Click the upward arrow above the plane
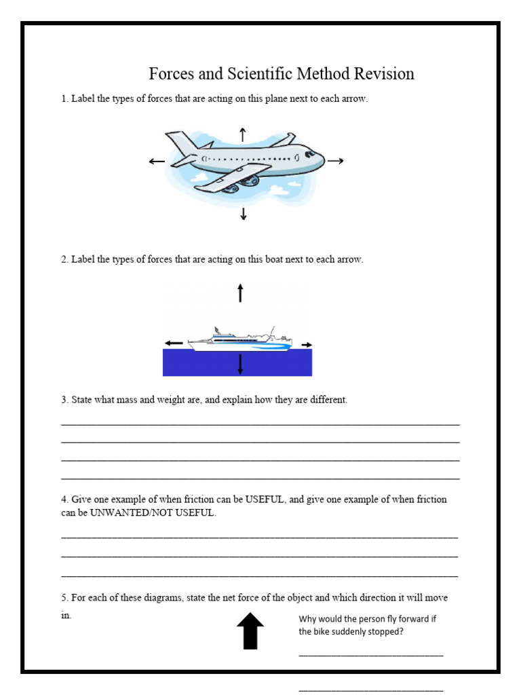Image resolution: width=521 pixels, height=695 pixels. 243,134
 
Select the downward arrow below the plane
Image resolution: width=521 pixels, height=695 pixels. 243,214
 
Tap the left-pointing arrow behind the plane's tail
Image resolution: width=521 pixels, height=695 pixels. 157,162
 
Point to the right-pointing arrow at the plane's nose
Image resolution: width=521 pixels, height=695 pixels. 336,161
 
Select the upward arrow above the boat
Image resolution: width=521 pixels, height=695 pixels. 240,293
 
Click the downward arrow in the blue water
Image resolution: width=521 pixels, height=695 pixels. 240,364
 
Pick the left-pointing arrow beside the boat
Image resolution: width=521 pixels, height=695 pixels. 174,343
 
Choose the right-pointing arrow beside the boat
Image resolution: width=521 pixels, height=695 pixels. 307,344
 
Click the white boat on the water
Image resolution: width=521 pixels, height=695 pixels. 241,341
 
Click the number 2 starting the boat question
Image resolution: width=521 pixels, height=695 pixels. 64,259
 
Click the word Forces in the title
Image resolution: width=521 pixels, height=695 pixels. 173,73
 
